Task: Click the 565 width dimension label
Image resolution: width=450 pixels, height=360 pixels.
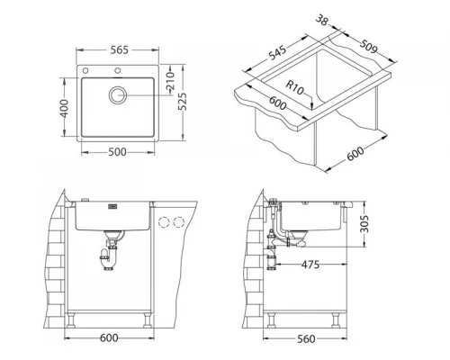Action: (120, 49)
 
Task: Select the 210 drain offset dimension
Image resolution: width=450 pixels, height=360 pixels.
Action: (170, 81)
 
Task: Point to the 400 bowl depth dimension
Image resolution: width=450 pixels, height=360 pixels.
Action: (64, 109)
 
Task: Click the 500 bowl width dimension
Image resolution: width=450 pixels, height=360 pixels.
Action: (117, 152)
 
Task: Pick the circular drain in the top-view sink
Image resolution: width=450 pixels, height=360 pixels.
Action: (118, 95)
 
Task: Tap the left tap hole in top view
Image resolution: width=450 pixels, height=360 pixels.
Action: (85, 71)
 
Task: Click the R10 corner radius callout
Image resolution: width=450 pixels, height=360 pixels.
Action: (294, 87)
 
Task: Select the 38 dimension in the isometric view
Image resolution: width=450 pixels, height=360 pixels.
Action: (322, 21)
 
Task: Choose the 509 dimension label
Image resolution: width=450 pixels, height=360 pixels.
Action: (368, 46)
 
